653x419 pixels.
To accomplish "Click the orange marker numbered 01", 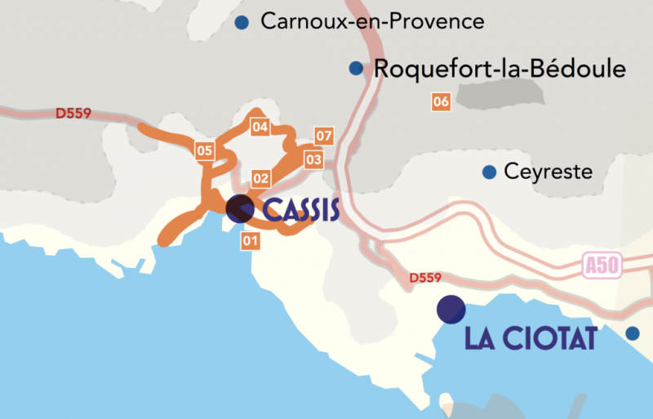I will tap(250, 240).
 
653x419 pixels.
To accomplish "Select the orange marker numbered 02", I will tap(261, 177).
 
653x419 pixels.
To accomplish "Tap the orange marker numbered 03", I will tap(314, 159).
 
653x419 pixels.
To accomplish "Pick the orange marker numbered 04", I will tap(260, 127).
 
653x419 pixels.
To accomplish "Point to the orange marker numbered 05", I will tap(204, 150).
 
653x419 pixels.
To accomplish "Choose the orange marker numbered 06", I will tap(441, 102).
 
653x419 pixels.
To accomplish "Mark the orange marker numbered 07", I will tap(324, 135).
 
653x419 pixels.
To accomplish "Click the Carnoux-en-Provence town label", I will tap(372, 22).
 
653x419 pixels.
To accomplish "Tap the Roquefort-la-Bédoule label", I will tap(500, 69).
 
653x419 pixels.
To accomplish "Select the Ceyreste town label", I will tap(549, 172).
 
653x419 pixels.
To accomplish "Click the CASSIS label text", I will tap(301, 211).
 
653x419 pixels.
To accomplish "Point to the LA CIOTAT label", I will tap(531, 338).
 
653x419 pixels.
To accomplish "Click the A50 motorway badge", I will tap(602, 265).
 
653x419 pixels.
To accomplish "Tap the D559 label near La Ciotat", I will tap(425, 278).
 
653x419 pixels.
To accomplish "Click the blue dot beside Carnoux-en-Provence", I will tap(242, 23).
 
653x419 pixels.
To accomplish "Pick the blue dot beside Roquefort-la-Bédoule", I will tap(356, 69).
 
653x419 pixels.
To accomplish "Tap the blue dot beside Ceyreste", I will tap(489, 172).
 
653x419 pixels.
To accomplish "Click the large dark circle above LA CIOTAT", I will tap(451, 309).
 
